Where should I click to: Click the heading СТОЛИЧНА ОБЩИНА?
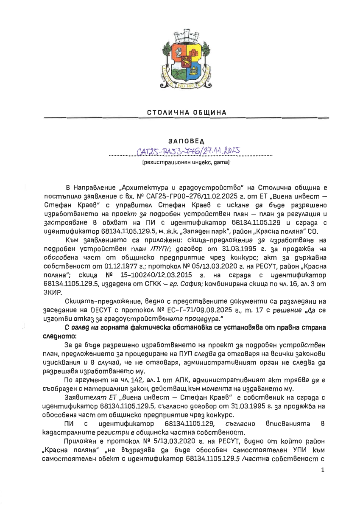tap(187, 112)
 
